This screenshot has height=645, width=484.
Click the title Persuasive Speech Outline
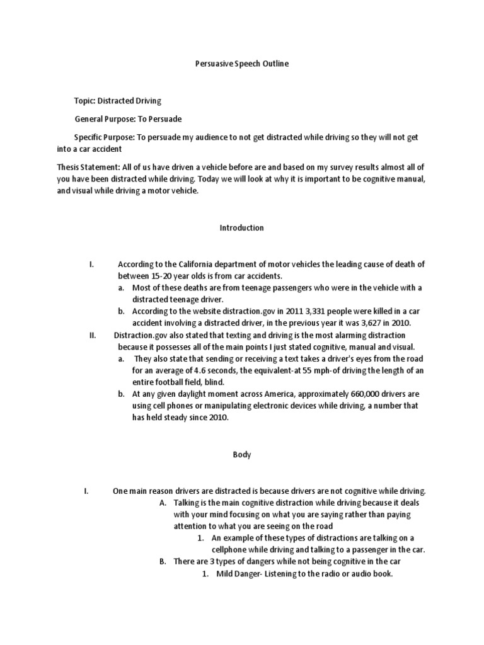(x=241, y=64)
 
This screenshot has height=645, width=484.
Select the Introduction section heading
(x=241, y=228)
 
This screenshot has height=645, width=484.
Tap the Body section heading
(x=241, y=455)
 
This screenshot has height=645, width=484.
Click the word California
(x=189, y=265)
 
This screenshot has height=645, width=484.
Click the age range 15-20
(x=163, y=276)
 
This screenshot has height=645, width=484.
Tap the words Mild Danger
(x=238, y=574)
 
